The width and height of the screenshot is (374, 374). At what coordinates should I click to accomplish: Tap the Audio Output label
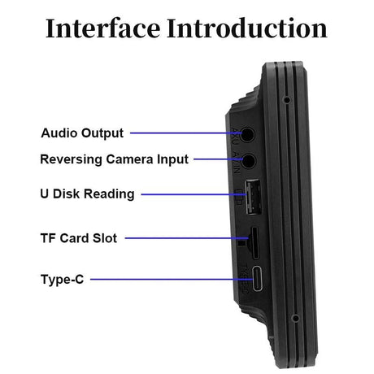coord(82,133)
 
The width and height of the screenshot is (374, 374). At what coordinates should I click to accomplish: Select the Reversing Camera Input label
coord(114,159)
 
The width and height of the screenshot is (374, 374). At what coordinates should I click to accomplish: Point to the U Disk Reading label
coord(87,194)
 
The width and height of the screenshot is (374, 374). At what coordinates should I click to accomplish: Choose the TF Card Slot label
coord(79,238)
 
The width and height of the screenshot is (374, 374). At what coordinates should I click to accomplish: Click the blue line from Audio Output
coord(182,132)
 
